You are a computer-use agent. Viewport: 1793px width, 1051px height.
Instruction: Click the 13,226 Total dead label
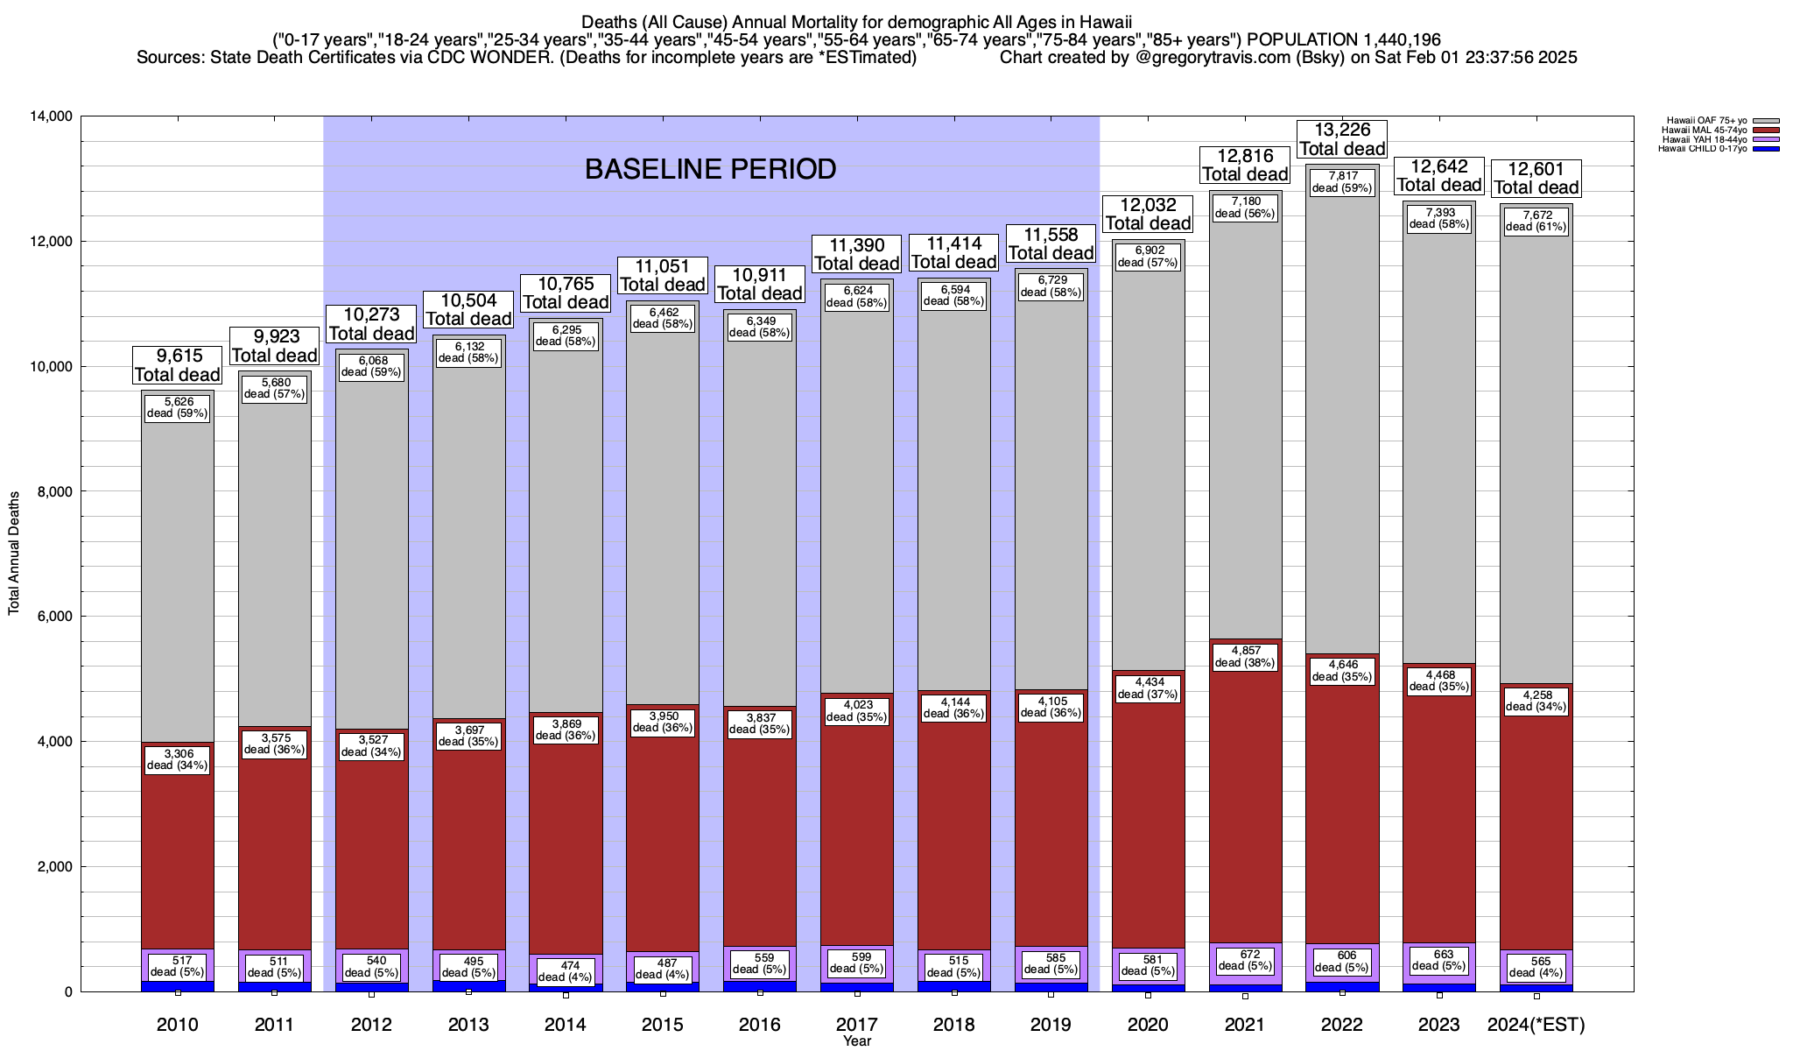(x=1342, y=139)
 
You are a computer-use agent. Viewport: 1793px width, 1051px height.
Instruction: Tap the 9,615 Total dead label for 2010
(x=177, y=365)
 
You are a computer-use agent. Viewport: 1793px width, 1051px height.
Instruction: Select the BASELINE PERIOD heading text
(x=710, y=169)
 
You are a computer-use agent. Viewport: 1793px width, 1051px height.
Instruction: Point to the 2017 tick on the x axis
(x=857, y=1025)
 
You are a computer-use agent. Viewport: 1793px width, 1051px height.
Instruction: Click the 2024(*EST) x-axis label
(x=1536, y=1025)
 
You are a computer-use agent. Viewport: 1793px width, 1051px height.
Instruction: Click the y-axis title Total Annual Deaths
(x=14, y=553)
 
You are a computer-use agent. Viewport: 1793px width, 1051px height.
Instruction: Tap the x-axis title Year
(x=857, y=1041)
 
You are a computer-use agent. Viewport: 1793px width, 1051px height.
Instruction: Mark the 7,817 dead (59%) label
(x=1342, y=182)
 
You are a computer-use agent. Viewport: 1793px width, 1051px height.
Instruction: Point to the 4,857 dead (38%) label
(x=1245, y=657)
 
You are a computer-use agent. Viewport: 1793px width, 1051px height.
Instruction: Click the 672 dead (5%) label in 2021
(x=1245, y=960)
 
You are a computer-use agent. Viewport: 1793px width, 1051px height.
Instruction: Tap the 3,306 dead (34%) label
(x=177, y=759)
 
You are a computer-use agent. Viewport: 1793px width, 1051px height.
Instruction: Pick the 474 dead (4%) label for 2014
(x=566, y=971)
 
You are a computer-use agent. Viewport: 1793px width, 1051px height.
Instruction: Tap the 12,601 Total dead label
(x=1536, y=178)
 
